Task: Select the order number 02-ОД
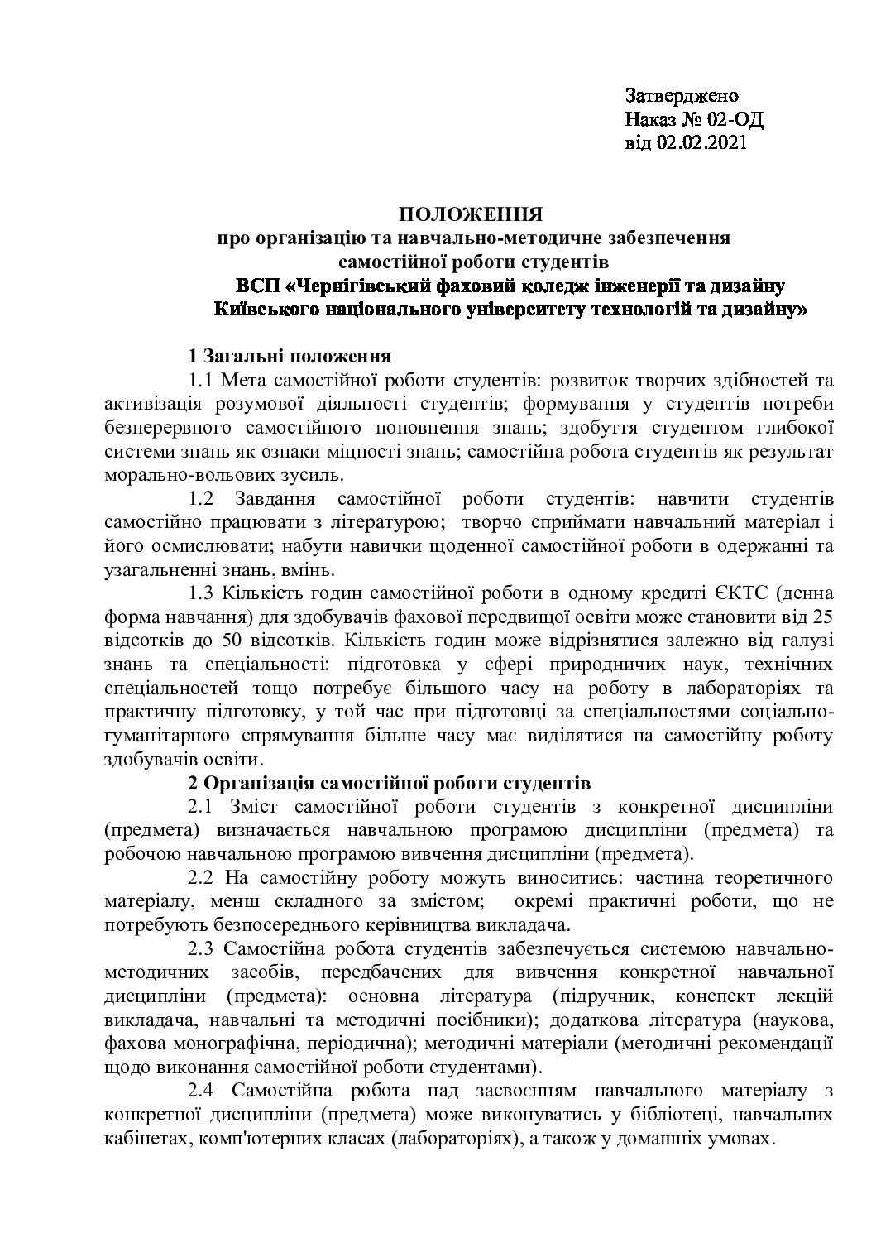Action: point(735,119)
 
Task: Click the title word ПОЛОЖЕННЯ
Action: point(472,216)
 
